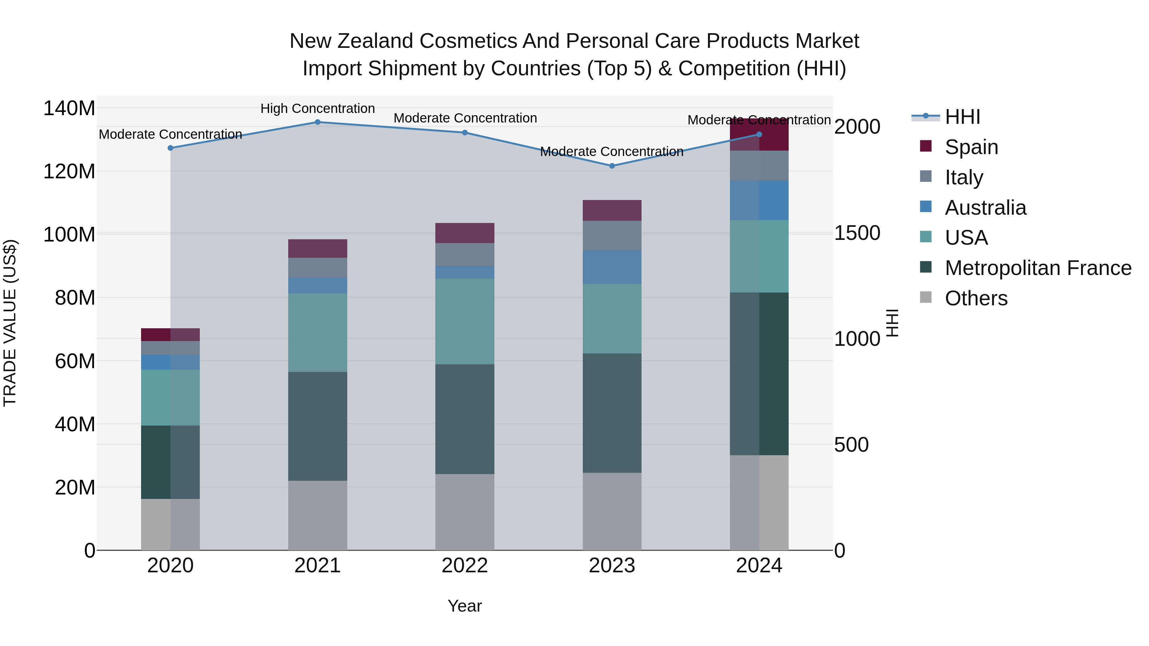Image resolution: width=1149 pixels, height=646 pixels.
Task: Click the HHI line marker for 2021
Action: tap(318, 122)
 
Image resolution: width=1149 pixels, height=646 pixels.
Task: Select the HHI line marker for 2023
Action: tap(612, 166)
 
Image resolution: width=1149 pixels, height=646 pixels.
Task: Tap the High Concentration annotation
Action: tap(318, 108)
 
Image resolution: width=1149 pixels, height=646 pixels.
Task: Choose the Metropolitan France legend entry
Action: tap(1038, 268)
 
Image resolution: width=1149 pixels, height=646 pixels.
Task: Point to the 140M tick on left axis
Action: tap(69, 108)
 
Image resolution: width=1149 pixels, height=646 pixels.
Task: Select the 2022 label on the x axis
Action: tap(465, 566)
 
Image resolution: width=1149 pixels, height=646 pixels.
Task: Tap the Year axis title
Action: tap(465, 606)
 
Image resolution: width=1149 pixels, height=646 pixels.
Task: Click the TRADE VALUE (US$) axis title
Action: tap(10, 323)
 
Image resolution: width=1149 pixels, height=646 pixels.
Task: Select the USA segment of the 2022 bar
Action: tap(465, 322)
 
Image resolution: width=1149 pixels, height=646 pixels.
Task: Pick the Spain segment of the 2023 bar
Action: tap(612, 211)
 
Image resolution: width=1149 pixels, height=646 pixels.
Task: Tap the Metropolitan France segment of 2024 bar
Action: tap(759, 374)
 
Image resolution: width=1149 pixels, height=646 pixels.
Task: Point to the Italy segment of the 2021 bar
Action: tap(318, 268)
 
